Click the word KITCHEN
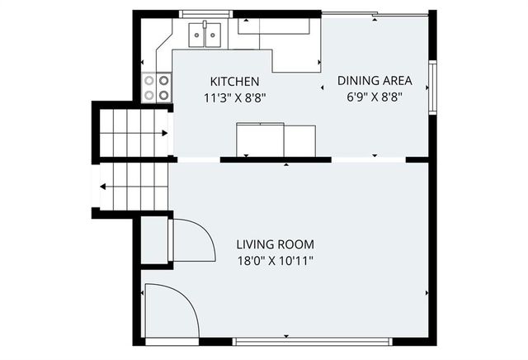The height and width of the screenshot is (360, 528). pos(235,82)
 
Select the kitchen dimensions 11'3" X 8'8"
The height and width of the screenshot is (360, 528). pos(235,97)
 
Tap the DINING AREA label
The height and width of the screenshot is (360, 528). pos(375,80)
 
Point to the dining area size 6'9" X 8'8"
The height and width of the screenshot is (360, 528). pos(375,96)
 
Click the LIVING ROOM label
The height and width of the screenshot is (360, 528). pos(275,244)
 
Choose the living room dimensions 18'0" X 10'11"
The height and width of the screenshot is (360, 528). pos(275,260)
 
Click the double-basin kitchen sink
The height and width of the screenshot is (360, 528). pos(206,35)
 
